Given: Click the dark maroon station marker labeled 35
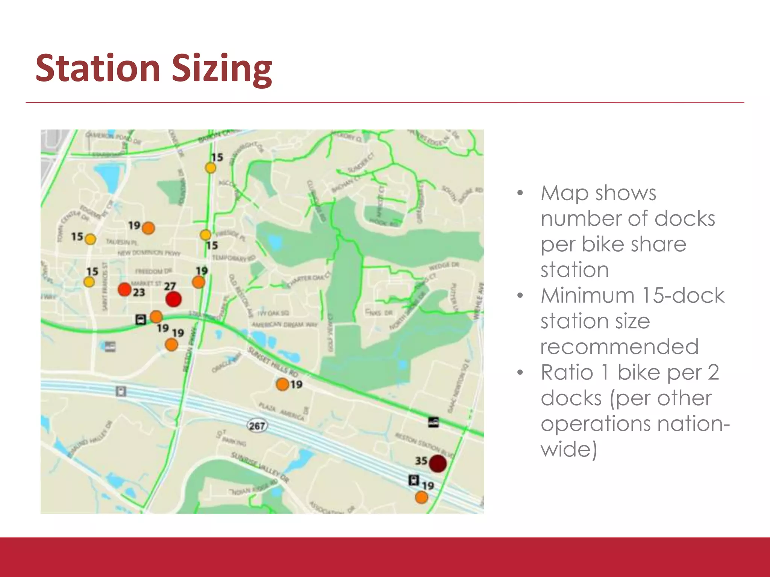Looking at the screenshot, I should [438, 463].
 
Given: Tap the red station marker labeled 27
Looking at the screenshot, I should [173, 299].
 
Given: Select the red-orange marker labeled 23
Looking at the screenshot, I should [124, 289].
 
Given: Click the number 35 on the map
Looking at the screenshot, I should [421, 461].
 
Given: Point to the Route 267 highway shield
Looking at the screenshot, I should [257, 426].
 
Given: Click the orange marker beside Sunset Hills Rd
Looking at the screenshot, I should [282, 384].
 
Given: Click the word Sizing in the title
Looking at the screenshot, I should [222, 69].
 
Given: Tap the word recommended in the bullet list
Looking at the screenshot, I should [619, 346].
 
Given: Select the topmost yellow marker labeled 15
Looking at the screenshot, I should [211, 168].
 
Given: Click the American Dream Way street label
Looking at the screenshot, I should [285, 325].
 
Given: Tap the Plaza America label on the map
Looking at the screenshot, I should [282, 412].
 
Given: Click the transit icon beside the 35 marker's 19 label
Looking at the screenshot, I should [414, 480].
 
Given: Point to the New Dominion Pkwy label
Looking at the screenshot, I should [149, 253].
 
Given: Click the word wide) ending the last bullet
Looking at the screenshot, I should [569, 449].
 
